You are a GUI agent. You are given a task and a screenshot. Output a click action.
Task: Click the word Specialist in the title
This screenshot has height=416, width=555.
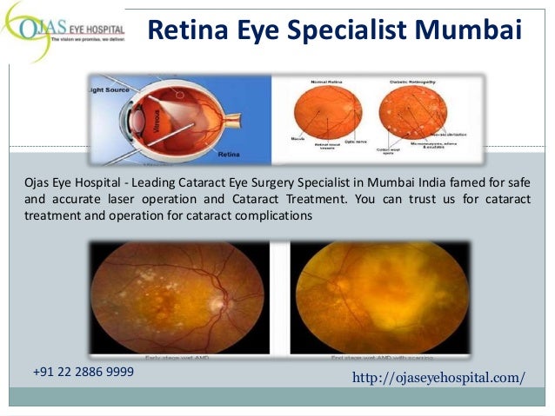tap(338, 32)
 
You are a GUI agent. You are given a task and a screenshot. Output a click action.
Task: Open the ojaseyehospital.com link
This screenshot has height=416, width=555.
tap(438, 378)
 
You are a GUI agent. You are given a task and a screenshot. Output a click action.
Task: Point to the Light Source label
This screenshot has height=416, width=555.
tap(110, 89)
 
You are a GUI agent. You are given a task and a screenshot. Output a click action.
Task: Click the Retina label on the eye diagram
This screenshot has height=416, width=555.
tap(229, 153)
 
